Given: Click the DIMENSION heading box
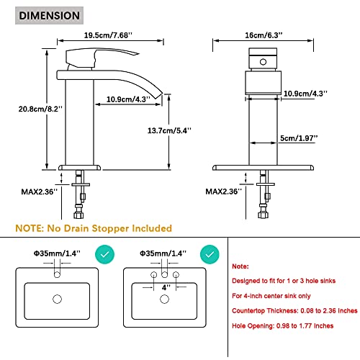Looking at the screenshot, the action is tap(49, 16).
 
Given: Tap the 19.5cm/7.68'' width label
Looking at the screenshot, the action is tap(108, 35).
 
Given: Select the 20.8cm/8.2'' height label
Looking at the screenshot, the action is tap(40, 109).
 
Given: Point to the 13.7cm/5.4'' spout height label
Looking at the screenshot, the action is tap(169, 130).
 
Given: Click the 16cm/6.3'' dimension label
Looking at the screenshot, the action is tap(264, 35).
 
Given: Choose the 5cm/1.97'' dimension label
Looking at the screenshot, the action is tap(299, 138).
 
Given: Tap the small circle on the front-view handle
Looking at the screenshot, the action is tap(263, 62).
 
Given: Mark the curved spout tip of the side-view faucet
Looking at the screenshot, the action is tap(158, 94).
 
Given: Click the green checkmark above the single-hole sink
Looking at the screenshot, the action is tap(104, 254).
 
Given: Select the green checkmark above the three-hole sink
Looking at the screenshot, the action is tap(210, 254).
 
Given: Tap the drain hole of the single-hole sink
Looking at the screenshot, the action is tap(57, 299).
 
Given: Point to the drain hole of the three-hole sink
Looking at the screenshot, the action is tap(164, 299).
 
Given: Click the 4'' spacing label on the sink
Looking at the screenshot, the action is tap(166, 287).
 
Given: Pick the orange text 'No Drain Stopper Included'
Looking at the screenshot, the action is tap(109, 228).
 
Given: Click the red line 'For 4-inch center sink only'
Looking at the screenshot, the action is tap(271, 296).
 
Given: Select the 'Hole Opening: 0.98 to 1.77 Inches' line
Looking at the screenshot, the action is tap(283, 325).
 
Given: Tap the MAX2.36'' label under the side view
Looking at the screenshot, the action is tap(40, 192).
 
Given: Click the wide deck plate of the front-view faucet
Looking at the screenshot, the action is tap(263, 168).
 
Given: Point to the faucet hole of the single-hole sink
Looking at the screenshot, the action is tap(57, 274).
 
